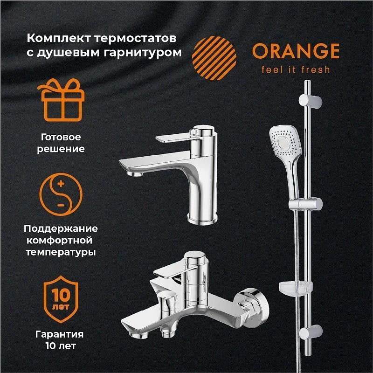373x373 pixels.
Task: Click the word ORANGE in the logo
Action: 296,51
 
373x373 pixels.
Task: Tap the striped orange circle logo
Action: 214,58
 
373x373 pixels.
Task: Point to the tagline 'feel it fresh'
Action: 296,69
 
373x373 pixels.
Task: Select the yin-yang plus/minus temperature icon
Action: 61,194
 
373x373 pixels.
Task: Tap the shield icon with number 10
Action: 61,299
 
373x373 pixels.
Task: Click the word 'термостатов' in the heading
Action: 135,39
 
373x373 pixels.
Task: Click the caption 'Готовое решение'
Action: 61,143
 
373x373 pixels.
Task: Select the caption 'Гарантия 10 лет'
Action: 60,340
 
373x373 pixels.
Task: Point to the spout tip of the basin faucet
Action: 135,174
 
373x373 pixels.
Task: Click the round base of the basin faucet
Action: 202,219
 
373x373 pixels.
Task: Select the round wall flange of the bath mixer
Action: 253,306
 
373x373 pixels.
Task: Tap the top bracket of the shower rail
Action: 311,101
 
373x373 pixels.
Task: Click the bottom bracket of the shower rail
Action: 311,333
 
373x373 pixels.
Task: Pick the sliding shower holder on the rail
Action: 306,204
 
